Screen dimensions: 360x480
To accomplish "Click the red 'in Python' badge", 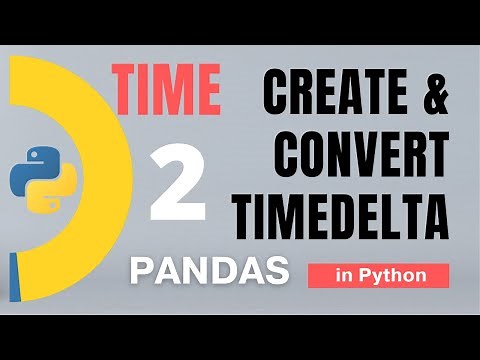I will (378, 274).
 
